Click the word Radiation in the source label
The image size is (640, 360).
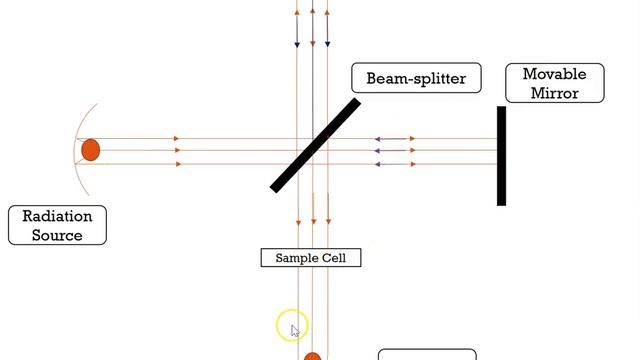(57, 216)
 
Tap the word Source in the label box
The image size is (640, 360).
(57, 235)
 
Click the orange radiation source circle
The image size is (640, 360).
(91, 150)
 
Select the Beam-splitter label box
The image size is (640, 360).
(416, 78)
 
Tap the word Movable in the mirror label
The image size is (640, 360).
(554, 74)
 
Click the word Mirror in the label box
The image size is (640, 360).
(554, 93)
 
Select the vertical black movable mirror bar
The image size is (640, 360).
(501, 155)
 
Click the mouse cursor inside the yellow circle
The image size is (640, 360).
(295, 329)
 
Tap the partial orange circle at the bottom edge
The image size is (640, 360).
(312, 356)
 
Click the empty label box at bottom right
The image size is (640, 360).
(427, 355)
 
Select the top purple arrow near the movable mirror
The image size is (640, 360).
(394, 138)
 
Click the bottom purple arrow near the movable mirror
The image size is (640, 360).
(394, 163)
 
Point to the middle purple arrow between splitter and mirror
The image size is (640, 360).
(394, 151)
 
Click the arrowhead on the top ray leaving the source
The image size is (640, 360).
(176, 138)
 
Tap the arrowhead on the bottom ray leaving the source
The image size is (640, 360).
(176, 163)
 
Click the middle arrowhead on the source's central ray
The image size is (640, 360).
(176, 151)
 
